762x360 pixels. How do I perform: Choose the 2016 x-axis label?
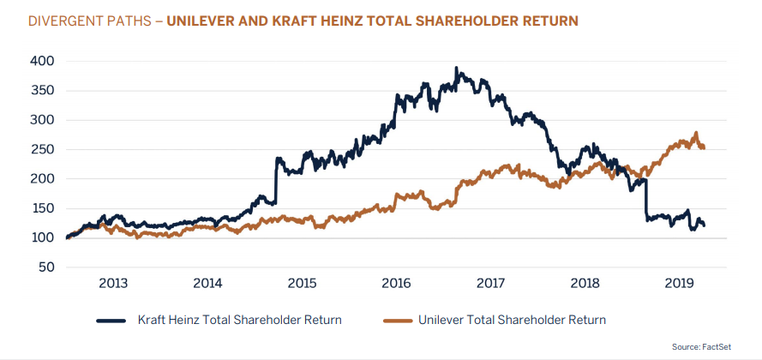[396, 283]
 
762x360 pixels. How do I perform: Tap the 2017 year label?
[490, 283]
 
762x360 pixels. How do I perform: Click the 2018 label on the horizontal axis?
[585, 283]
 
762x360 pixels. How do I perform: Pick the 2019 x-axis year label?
[679, 283]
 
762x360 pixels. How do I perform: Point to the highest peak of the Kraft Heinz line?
[456, 69]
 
